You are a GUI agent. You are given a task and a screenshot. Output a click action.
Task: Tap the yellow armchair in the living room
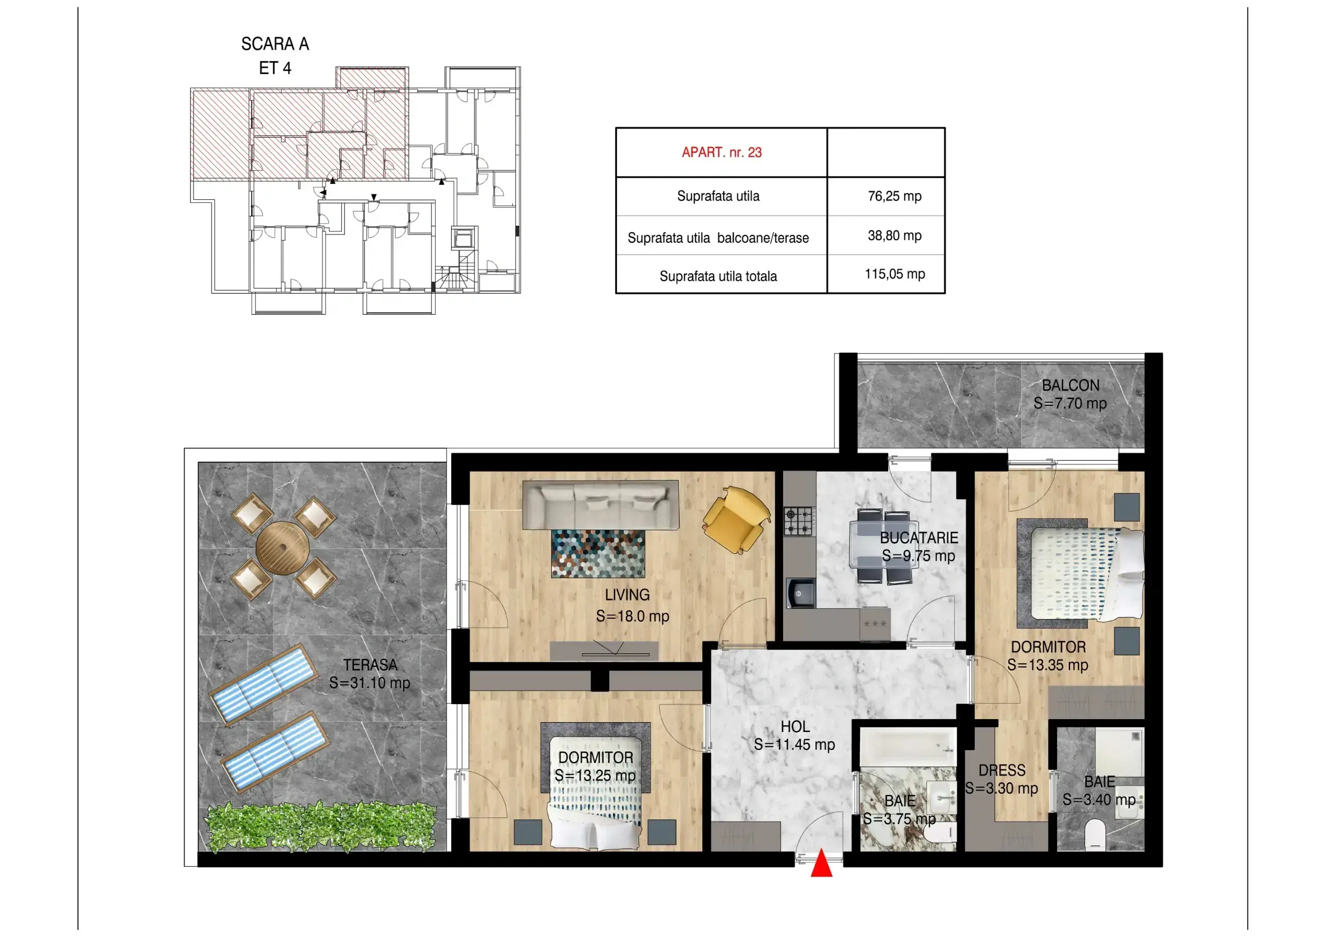pos(737,519)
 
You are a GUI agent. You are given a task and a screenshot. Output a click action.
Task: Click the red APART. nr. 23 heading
pos(722,152)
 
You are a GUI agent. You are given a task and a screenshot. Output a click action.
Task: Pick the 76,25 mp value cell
pos(895,196)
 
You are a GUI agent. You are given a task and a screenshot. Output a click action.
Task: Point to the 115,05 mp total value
pos(895,274)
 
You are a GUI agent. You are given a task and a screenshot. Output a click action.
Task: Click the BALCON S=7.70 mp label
pos(1070,394)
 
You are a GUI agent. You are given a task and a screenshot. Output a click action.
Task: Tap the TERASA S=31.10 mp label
pos(370,674)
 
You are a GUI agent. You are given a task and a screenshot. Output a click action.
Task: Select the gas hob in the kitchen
pos(799,521)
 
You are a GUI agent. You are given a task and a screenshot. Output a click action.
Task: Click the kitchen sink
pos(800,593)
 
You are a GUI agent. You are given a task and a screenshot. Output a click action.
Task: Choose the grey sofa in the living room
pos(600,505)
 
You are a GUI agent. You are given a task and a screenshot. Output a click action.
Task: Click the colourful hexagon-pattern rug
pos(598,553)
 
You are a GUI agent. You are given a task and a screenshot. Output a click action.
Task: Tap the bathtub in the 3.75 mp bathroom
pos(908,748)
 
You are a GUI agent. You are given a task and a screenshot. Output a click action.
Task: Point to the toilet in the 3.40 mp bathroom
pos(1095,836)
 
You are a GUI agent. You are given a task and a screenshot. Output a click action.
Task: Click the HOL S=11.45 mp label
pos(795,736)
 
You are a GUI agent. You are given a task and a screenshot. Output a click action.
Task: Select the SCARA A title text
pos(275,44)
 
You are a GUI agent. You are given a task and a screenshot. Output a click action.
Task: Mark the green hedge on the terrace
pos(321,827)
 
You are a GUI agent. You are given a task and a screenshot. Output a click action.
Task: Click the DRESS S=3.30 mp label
pos(1001,780)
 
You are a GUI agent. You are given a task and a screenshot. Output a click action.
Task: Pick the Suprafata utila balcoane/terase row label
pos(718,238)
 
